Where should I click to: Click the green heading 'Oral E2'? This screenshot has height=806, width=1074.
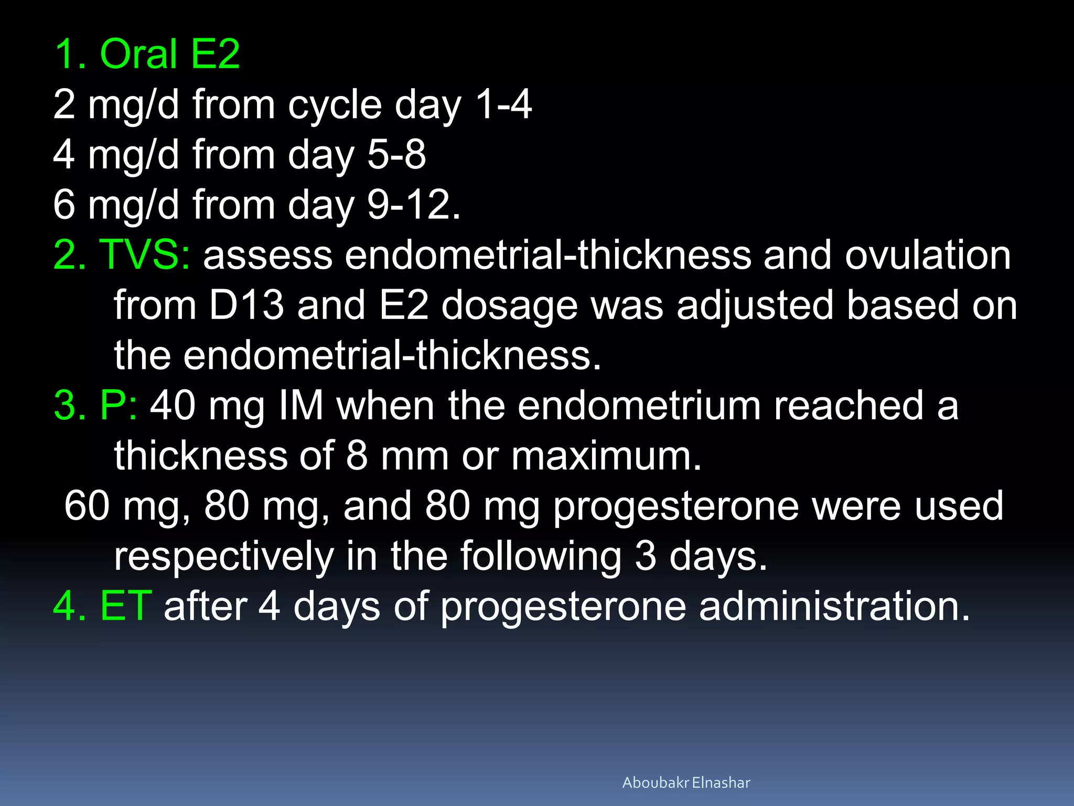169,54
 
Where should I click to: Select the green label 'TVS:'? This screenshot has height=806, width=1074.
144,255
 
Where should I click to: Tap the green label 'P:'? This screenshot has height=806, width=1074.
119,406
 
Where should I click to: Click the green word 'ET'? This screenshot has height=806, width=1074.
126,606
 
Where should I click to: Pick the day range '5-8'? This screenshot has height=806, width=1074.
396,155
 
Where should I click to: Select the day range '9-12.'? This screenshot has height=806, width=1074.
414,205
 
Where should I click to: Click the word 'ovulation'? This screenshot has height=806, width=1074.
928,255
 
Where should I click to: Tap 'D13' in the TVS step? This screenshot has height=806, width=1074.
246,305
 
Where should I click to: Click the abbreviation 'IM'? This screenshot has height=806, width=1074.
301,406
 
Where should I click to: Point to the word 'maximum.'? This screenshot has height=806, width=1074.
606,455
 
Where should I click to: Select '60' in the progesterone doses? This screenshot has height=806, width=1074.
87,506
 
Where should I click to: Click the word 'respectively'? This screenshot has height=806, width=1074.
224,556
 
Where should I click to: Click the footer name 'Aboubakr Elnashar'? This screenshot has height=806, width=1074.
686,782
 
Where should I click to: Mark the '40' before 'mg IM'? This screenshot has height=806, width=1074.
173,406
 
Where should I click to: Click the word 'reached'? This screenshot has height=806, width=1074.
849,406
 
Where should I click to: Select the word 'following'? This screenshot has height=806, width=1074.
541,556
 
